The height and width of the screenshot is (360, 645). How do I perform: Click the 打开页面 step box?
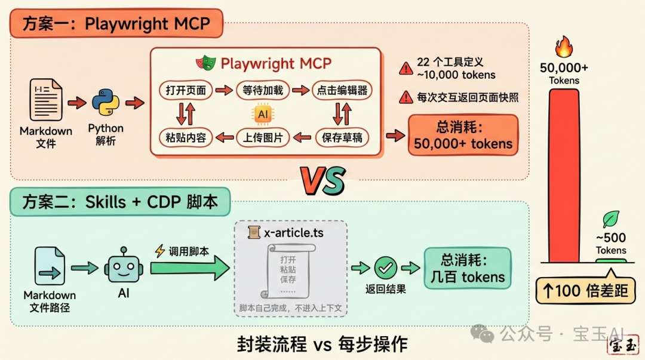[186, 91]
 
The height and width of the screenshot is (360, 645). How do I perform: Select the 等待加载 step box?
[263, 91]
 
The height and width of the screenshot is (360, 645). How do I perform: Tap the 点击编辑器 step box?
[340, 91]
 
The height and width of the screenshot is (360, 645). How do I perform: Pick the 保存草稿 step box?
[342, 137]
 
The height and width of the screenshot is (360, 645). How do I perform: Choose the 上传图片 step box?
[263, 137]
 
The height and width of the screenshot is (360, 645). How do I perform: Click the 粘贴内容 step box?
[186, 137]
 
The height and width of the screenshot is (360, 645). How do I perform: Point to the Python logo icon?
[106, 103]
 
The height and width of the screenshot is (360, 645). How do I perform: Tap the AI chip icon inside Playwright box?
[263, 113]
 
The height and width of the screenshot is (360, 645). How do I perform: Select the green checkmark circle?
[386, 268]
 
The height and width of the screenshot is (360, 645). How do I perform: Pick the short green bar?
[611, 261]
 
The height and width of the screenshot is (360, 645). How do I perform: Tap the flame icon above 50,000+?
[564, 47]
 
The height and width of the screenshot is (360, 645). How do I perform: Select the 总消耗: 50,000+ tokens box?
[463, 135]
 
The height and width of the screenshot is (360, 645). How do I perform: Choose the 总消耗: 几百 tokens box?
[468, 268]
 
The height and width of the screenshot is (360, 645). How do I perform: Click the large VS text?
[323, 180]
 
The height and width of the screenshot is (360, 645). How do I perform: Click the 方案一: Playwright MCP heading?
[116, 24]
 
